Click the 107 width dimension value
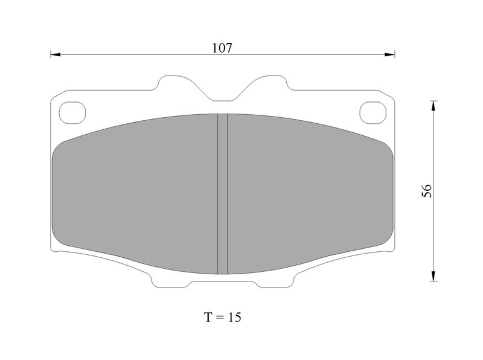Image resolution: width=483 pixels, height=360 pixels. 222,48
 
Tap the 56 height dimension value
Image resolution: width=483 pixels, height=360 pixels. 427,191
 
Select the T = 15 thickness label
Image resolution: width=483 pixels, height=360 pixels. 222,317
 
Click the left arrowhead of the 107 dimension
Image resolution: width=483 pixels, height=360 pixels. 56,54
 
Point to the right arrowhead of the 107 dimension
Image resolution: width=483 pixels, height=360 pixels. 389,54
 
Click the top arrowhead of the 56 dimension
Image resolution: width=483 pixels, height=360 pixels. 433,106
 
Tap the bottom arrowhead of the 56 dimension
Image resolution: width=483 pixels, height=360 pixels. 433,276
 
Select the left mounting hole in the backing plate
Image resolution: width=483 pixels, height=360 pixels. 72,112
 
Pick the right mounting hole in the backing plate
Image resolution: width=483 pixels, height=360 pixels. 373,112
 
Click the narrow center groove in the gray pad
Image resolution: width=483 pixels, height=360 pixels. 222,194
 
